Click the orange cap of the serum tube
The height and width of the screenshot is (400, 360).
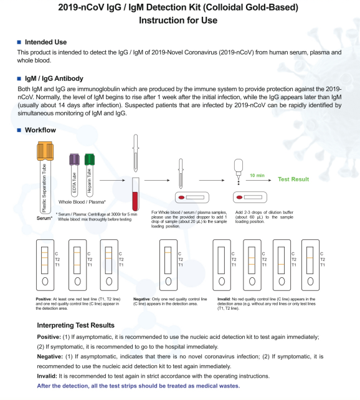[45, 151]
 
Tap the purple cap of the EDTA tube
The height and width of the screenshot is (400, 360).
[74, 159]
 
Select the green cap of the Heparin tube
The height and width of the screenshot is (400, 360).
[90, 159]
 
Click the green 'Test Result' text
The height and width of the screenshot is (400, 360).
[293, 179]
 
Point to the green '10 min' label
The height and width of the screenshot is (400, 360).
[257, 176]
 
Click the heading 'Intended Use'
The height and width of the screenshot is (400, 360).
[45, 42]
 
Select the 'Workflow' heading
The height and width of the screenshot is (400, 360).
[40, 130]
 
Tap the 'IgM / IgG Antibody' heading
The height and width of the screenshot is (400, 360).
[54, 79]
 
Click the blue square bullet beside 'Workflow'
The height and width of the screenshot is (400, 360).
[19, 130]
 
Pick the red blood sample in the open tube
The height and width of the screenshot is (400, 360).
[135, 201]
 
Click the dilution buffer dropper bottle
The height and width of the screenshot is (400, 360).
[239, 169]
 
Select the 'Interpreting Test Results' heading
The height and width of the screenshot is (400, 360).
[76, 325]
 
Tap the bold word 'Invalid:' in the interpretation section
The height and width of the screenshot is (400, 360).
[47, 376]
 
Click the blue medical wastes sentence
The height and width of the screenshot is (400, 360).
[138, 386]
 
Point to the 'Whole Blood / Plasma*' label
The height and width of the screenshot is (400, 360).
[82, 202]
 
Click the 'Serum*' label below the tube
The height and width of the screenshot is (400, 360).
[44, 218]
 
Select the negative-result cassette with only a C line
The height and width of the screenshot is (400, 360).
[168, 265]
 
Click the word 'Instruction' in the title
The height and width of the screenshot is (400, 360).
[161, 21]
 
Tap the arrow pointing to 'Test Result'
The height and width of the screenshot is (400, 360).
[258, 180]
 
